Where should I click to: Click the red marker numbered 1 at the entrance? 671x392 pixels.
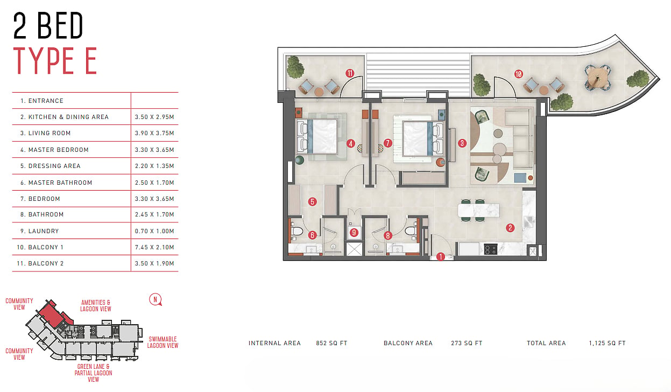(440, 256)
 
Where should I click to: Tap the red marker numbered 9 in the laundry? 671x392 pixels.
(354, 232)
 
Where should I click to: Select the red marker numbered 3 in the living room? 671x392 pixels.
(462, 143)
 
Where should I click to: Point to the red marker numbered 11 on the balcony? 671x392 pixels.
(350, 73)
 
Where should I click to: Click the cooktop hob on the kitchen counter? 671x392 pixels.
(491, 250)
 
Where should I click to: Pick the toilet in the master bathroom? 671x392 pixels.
(296, 232)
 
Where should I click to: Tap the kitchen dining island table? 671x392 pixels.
(479, 210)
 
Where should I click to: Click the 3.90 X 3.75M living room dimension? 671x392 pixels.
(154, 133)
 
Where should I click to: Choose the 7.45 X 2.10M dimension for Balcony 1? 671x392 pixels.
(154, 247)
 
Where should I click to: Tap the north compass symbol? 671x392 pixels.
(156, 300)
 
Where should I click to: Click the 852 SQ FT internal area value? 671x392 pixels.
(331, 343)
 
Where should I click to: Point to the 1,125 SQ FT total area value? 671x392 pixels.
(607, 343)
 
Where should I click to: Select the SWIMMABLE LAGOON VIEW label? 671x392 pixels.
(163, 342)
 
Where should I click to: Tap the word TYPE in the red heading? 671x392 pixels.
(44, 61)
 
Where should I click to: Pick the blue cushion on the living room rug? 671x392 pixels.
(520, 178)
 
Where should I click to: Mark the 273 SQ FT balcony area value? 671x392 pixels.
(467, 343)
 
